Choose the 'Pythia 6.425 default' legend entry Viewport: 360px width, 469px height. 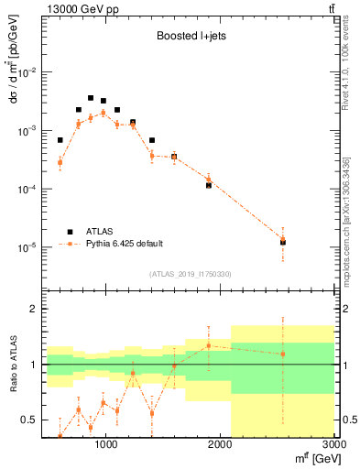(124, 244)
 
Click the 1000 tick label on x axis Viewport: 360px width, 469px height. (105, 444)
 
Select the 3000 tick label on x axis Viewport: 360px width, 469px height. (334, 444)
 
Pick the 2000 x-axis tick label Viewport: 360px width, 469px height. (220, 444)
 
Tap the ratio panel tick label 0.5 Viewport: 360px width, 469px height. (28, 420)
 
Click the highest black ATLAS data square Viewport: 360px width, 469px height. (91, 98)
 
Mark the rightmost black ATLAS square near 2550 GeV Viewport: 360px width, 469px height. (283, 243)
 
